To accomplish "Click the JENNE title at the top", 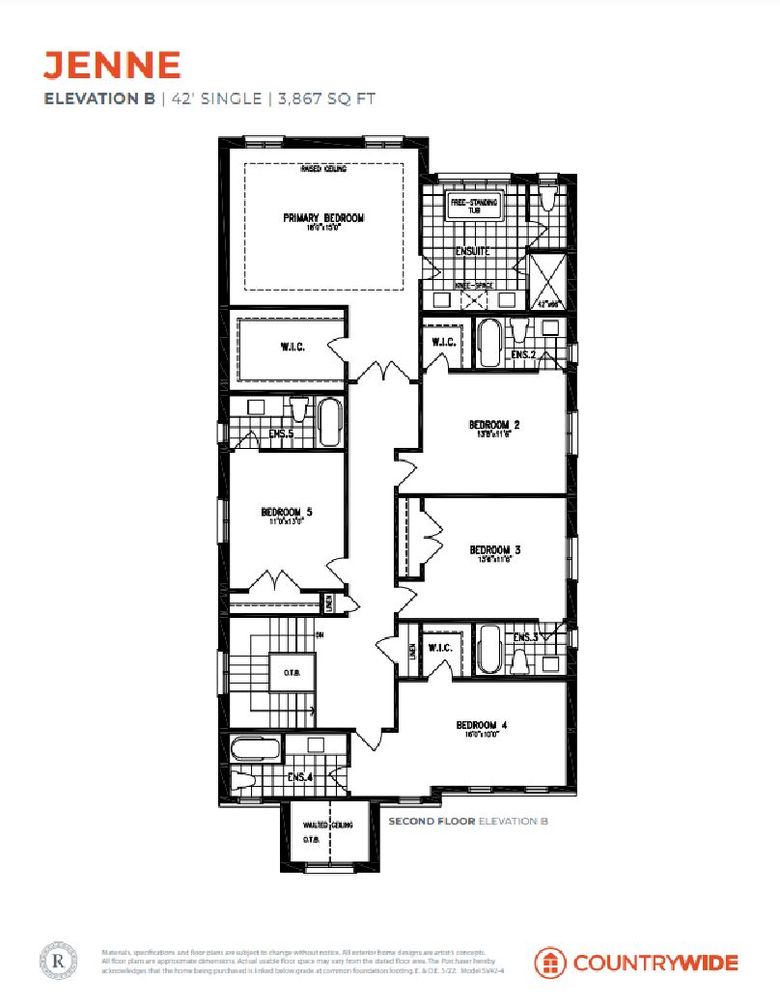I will click(x=112, y=65).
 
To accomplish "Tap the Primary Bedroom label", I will click(x=323, y=218).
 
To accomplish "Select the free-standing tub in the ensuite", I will click(x=473, y=207).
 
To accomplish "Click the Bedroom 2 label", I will click(x=495, y=425).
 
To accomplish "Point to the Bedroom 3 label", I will click(x=495, y=544).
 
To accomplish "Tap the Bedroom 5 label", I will click(x=287, y=512).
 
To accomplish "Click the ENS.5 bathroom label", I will click(x=282, y=434).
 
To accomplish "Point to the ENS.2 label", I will click(x=523, y=355).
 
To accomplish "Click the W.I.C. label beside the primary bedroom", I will click(x=292, y=347).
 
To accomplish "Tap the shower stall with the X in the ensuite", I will click(x=547, y=280).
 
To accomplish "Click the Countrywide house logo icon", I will click(x=550, y=963).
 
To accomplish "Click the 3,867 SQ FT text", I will click(x=326, y=98).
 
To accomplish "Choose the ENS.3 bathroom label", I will click(x=526, y=637).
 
